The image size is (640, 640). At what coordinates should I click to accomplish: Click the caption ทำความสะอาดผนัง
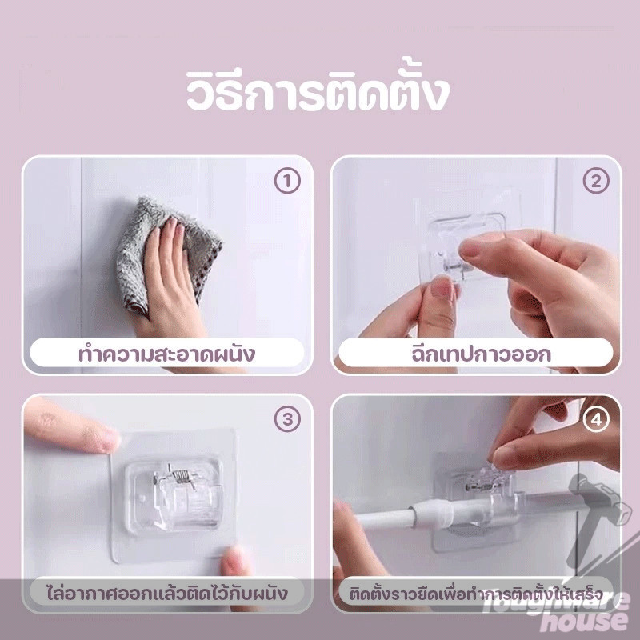[167, 353]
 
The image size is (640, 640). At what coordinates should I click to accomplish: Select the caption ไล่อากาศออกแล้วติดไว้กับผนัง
[167, 594]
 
